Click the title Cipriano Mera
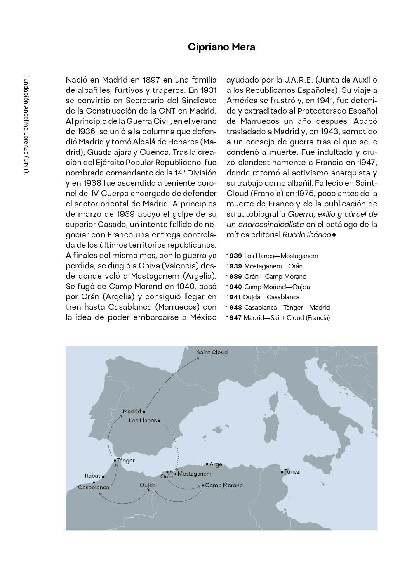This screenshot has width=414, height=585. pos(221,47)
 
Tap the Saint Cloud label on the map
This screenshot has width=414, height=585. pos(212,352)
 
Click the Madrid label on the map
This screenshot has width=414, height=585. pos(132,411)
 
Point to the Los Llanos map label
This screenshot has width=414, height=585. pos(143,420)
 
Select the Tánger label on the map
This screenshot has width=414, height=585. pos(126,460)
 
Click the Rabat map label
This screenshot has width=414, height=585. pos(92,476)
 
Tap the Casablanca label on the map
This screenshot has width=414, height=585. pos(94,487)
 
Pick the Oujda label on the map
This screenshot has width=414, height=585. pos(148,485)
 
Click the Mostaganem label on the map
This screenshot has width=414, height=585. pos(194,474)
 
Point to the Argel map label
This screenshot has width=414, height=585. pos(216,464)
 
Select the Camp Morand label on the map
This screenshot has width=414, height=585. pos(224,485)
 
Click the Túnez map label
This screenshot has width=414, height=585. pos(292,471)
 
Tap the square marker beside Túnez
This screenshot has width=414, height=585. pos(282,471)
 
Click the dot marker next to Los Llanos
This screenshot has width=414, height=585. pos(159,421)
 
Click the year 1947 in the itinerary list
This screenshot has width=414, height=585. pos(234,318)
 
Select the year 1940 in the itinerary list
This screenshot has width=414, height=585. pos(234,287)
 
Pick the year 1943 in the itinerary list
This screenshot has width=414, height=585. pos(234,308)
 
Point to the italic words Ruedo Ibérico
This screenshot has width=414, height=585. pos(306,235)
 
